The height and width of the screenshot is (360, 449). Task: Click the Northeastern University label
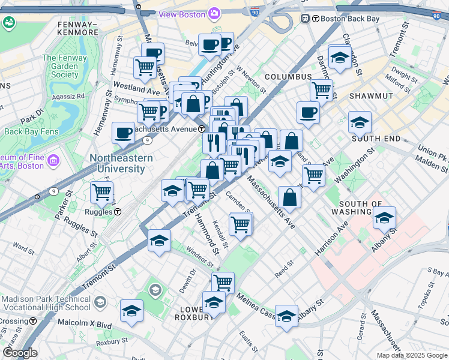point(121,163)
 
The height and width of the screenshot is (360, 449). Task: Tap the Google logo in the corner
point(20,353)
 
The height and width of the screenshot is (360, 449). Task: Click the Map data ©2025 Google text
point(412,355)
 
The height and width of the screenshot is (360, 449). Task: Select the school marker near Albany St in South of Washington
point(384,218)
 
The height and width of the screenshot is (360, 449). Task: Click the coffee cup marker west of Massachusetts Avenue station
point(123,133)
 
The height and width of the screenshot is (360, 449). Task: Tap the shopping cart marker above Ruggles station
point(101,193)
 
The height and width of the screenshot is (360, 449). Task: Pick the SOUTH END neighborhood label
point(376,139)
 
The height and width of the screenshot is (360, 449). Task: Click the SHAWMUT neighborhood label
point(371,96)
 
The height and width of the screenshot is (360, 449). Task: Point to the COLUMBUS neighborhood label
point(288,77)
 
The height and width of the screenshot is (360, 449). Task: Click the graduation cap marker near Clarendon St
point(340,58)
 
